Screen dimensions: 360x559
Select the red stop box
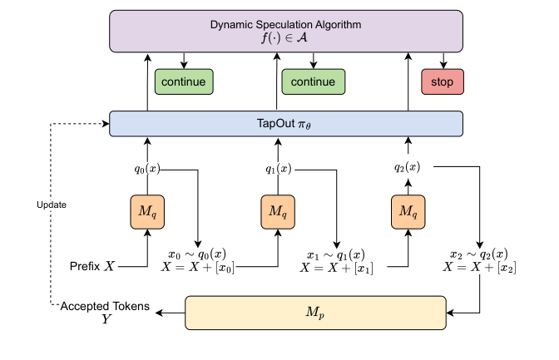pos(442,81)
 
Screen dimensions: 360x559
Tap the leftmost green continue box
pos(184,81)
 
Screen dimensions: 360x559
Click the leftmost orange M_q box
pos(147,212)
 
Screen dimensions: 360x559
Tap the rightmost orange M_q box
pos(408,212)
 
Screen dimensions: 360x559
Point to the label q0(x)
pos(147,169)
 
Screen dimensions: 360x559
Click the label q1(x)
pos(278,169)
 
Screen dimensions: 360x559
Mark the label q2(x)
pos(408,167)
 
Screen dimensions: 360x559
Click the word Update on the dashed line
pos(52,203)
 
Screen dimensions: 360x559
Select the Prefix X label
pos(93,267)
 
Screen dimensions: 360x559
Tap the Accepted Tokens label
pos(105,307)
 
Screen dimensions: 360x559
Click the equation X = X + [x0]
pos(199,268)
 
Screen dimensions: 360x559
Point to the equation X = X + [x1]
pos(337,268)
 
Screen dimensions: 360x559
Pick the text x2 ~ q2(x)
pos(477,254)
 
